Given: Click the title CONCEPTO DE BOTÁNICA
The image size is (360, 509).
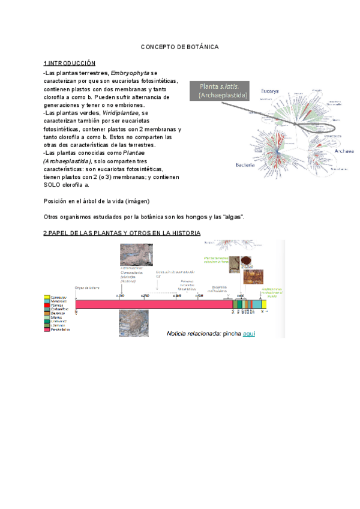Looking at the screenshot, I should click(x=180, y=46).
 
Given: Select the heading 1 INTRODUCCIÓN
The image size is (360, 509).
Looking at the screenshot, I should click(x=69, y=63).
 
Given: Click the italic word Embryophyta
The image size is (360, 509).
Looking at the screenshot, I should click(x=130, y=73).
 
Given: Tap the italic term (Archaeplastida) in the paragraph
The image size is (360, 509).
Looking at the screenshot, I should click(x=67, y=161).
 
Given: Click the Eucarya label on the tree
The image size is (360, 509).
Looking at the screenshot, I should click(x=269, y=91).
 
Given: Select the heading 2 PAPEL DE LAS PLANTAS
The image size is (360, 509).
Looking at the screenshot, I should click(x=122, y=233).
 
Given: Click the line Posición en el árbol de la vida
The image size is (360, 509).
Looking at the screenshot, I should click(x=97, y=200).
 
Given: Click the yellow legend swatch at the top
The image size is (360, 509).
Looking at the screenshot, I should click(x=47, y=297).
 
